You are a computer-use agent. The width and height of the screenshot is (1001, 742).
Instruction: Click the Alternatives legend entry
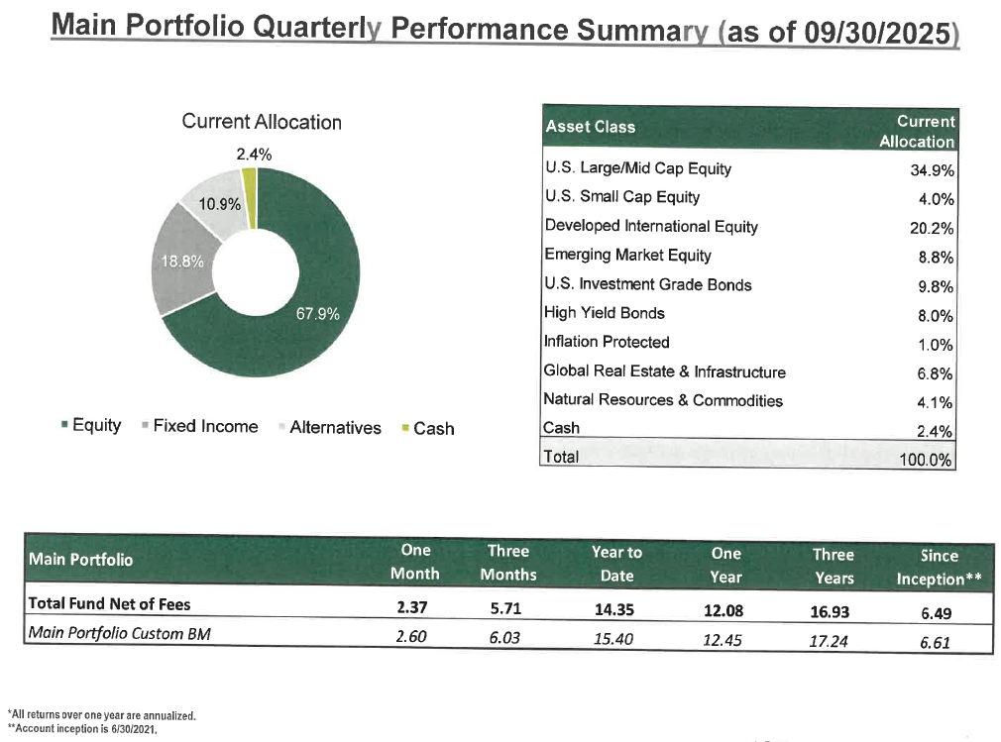(x=334, y=428)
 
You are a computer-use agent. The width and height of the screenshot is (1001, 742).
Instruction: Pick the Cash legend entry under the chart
(x=432, y=428)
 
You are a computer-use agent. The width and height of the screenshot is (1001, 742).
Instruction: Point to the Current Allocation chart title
(x=261, y=122)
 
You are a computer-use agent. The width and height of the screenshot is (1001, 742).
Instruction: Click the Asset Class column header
(x=590, y=127)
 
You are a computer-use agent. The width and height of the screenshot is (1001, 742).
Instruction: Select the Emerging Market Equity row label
(x=627, y=256)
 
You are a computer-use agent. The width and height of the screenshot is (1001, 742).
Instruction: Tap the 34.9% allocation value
(x=932, y=169)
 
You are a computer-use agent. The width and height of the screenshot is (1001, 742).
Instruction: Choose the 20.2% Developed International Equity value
(x=932, y=228)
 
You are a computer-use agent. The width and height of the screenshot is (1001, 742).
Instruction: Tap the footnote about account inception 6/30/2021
(x=98, y=728)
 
